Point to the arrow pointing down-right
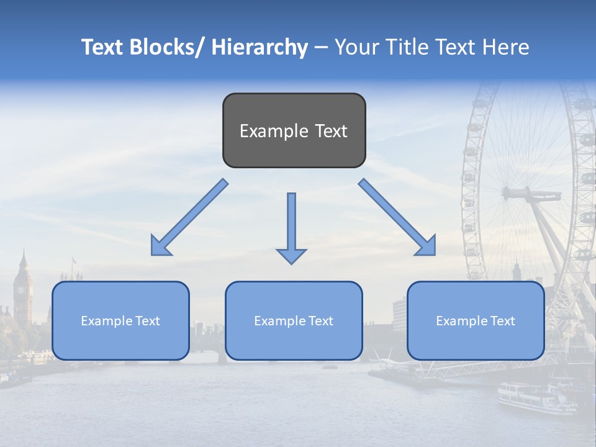click(x=397, y=217)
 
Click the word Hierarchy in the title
click(x=260, y=47)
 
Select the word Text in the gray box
click(x=330, y=131)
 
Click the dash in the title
click(x=321, y=47)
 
